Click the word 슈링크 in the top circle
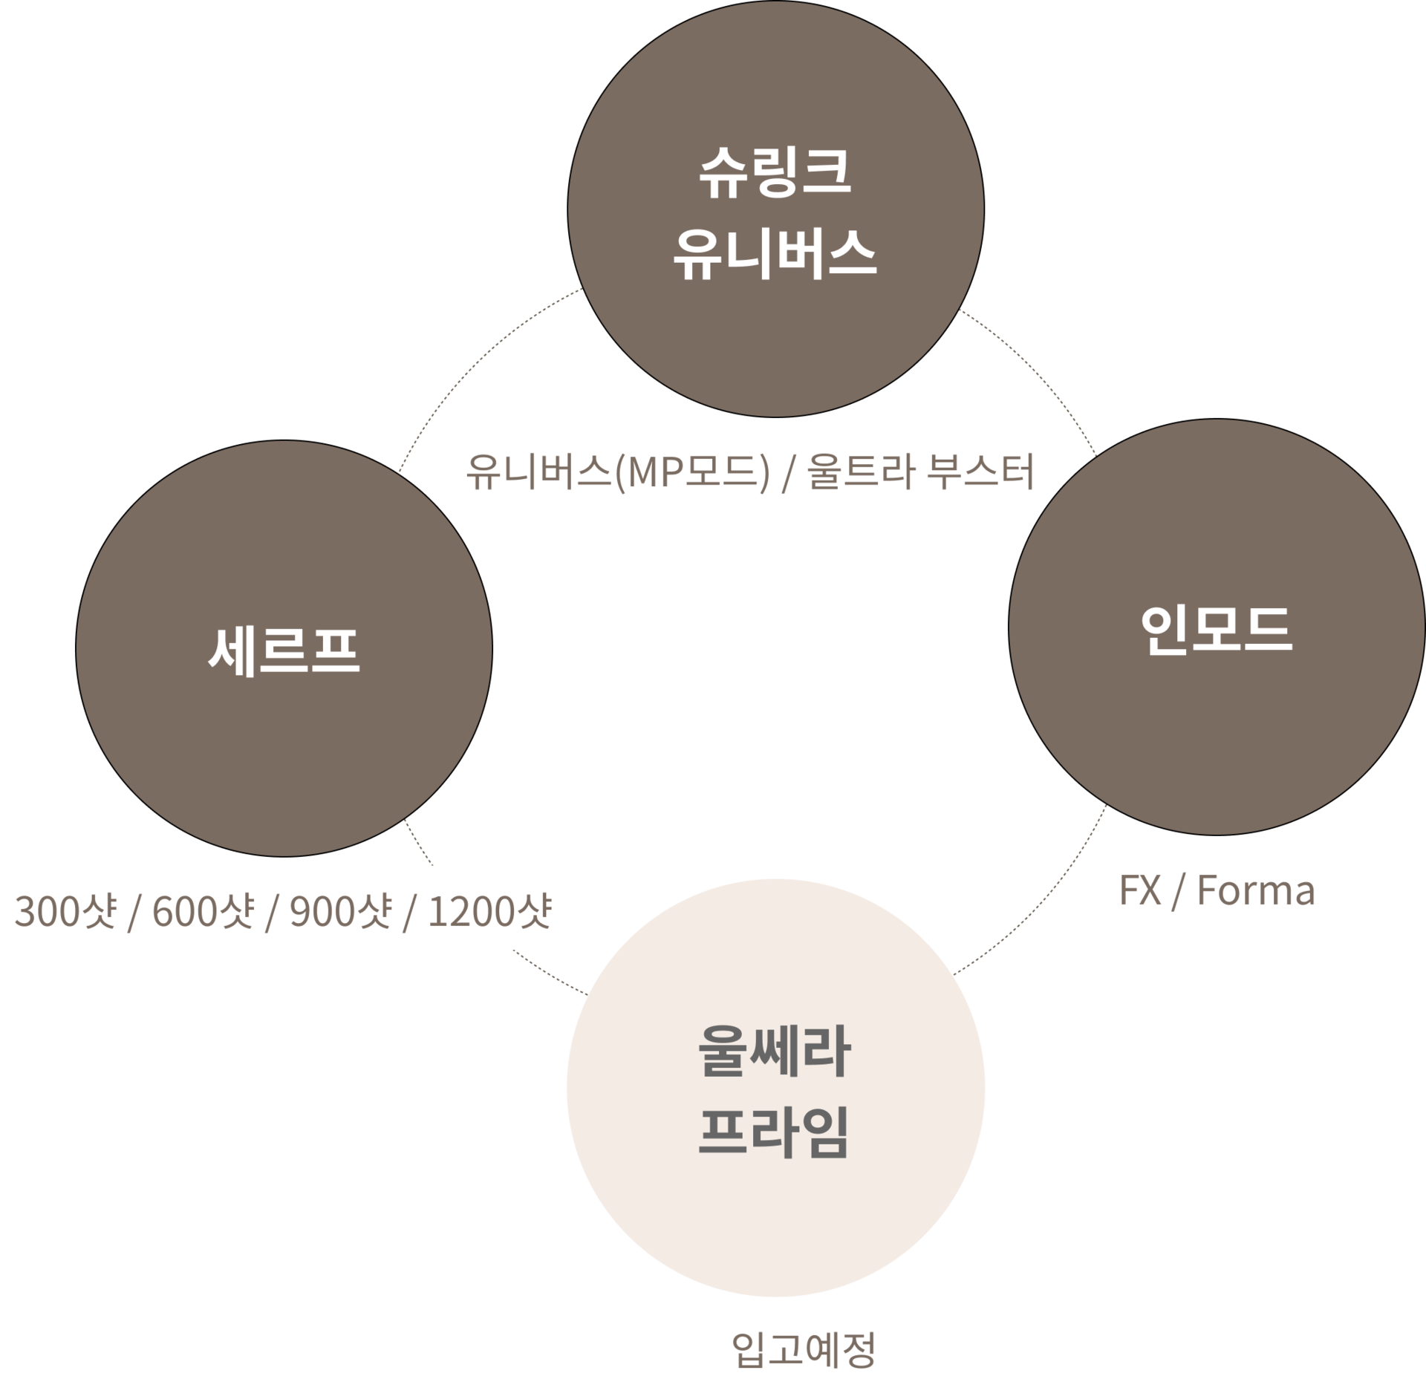775,173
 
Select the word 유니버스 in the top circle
775,254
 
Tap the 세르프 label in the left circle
284,650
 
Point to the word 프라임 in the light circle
775,1132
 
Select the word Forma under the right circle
1255,890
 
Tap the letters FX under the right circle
1140,890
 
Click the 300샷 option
65,912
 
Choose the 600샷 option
204,912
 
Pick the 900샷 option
341,912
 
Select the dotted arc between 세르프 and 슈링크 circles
475,356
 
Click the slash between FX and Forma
1176,890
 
